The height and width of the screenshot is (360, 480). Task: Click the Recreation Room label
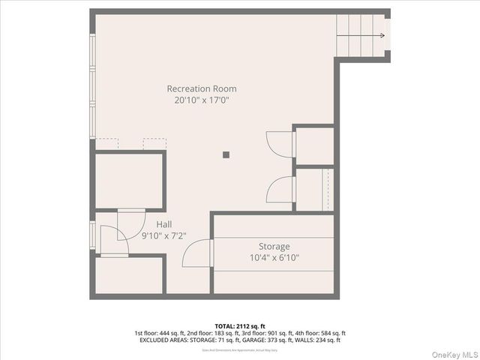201,88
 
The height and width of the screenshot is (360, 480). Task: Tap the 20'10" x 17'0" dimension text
201,100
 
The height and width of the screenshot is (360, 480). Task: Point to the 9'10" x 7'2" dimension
164,235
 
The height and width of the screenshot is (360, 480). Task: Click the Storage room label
274,246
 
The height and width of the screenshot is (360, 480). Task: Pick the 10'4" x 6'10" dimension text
274,257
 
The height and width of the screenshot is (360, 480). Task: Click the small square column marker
226,155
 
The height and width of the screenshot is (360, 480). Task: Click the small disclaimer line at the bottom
239,349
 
